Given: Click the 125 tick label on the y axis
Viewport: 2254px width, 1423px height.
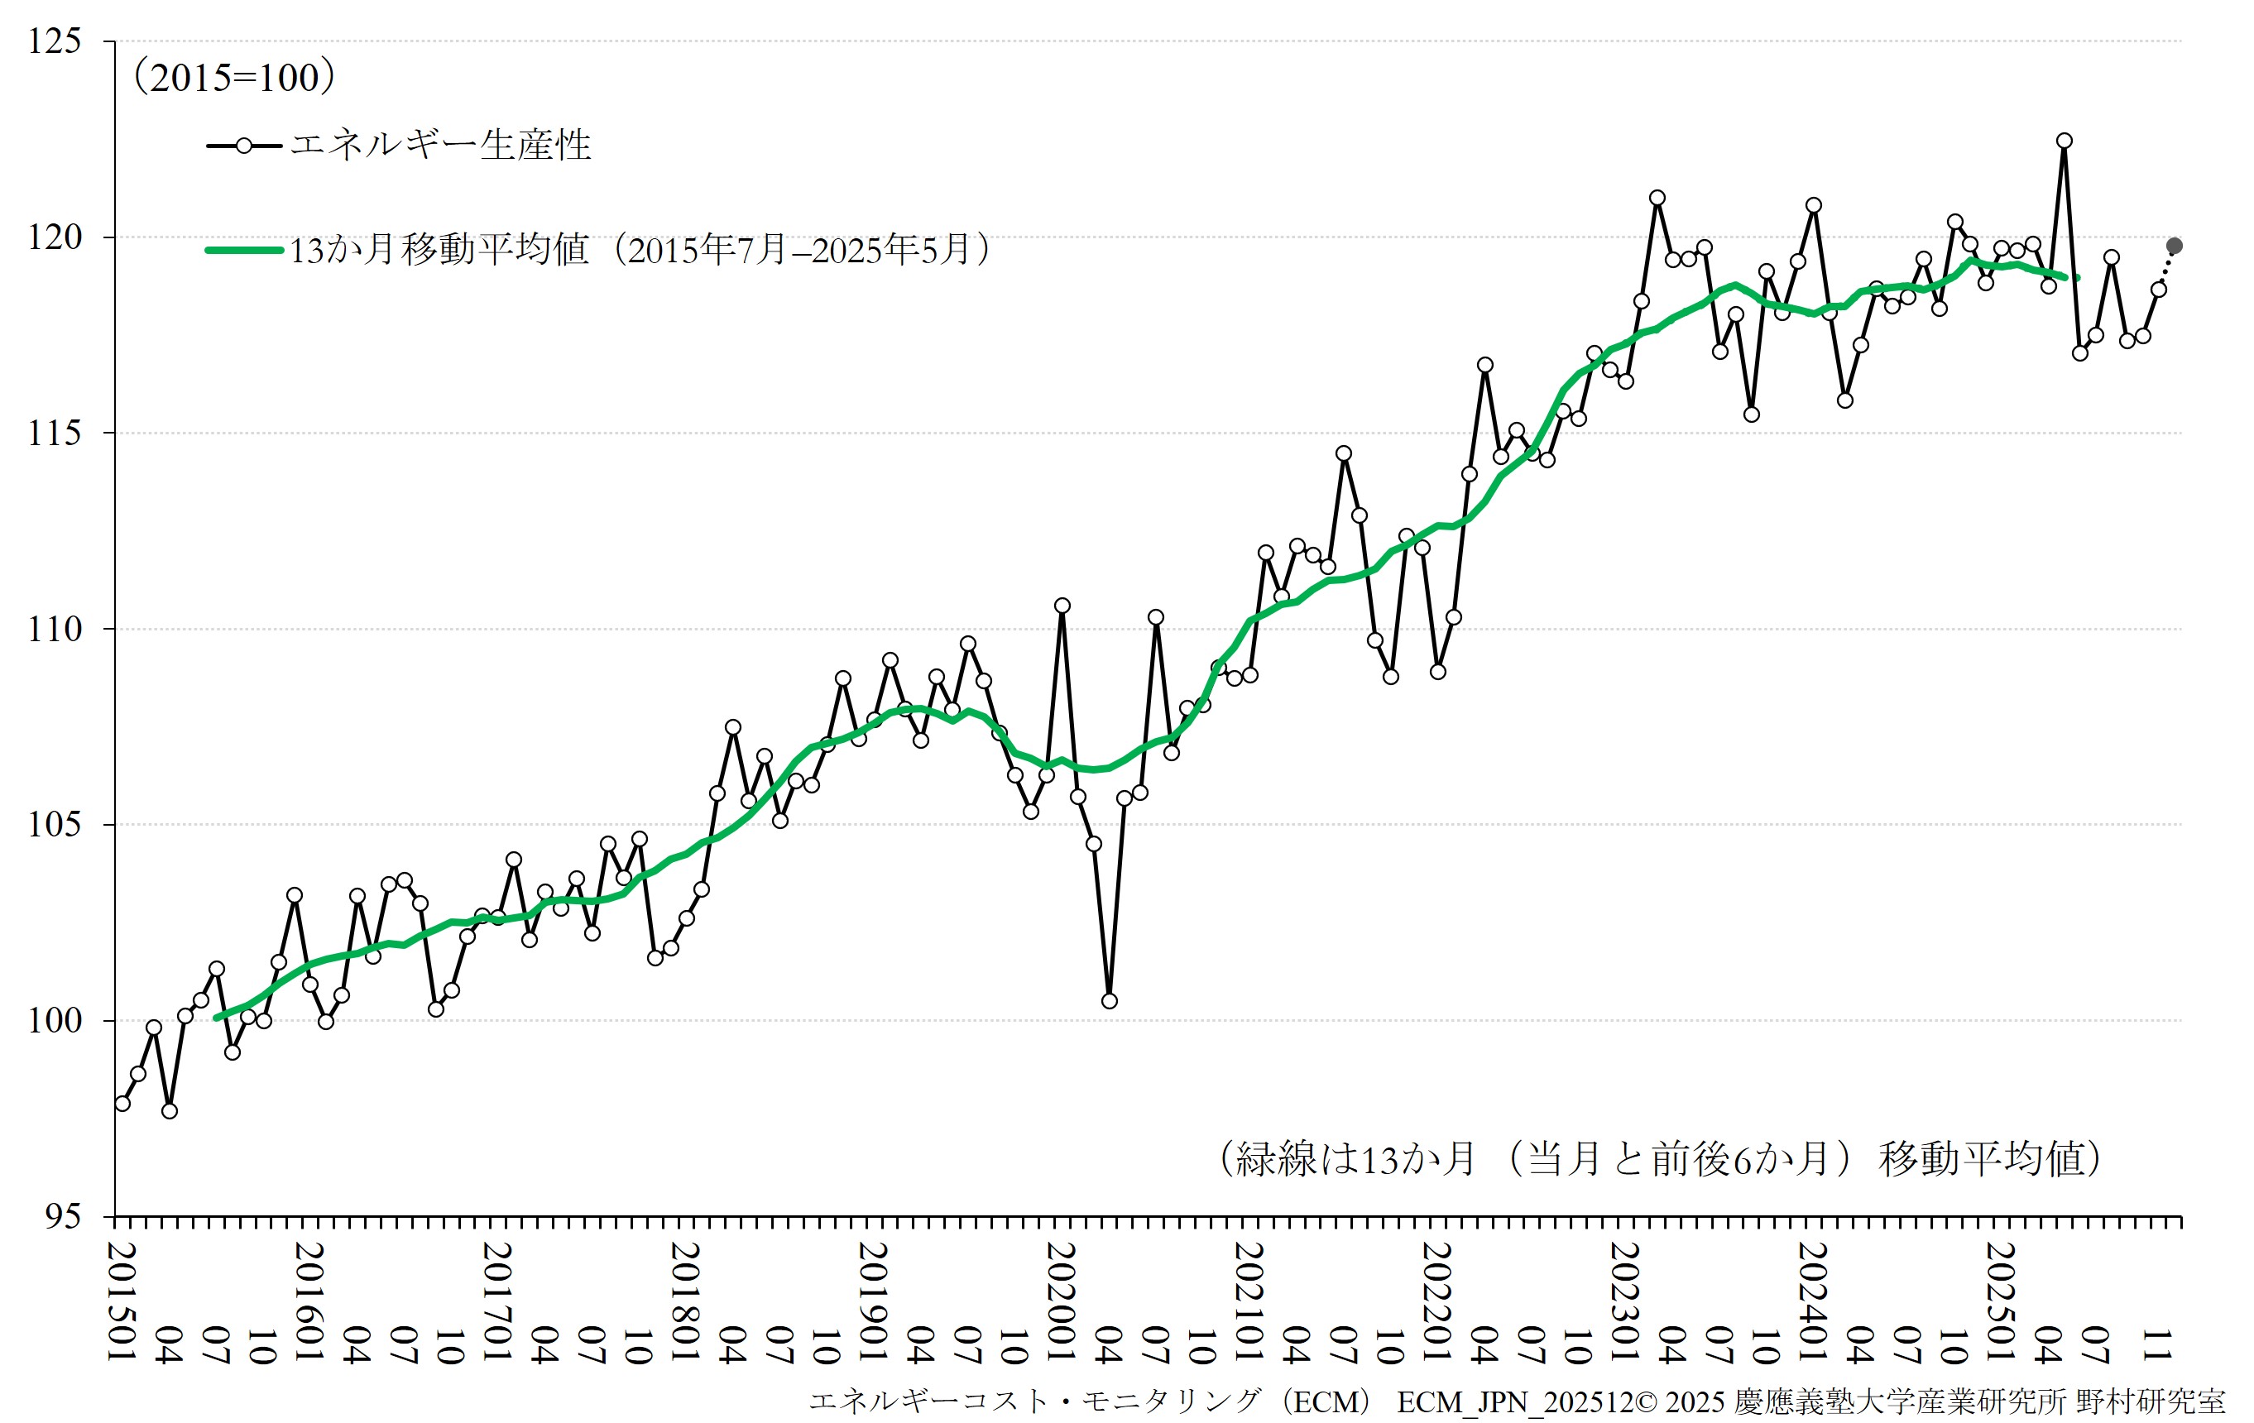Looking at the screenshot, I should pyautogui.click(x=55, y=42).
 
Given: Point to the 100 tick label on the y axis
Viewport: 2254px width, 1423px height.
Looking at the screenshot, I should pyautogui.click(x=55, y=1020).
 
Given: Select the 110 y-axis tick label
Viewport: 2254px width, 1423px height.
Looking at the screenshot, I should pyautogui.click(x=55, y=629).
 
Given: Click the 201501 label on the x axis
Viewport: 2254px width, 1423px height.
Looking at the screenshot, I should pyautogui.click(x=122, y=1302).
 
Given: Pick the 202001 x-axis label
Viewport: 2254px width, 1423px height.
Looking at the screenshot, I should pyautogui.click(x=1062, y=1302).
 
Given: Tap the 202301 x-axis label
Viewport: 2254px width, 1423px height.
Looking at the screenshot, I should pyautogui.click(x=1625, y=1302).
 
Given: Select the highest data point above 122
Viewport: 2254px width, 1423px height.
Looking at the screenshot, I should pyautogui.click(x=2064, y=141).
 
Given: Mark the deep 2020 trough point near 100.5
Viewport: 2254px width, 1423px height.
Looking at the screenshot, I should pyautogui.click(x=1110, y=1001).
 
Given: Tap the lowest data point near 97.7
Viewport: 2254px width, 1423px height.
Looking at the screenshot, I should pyautogui.click(x=170, y=1111).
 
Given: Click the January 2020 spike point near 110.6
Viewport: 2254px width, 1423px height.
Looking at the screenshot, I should pyautogui.click(x=1062, y=606).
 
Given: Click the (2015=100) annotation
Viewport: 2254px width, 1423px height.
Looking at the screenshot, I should pyautogui.click(x=235, y=78).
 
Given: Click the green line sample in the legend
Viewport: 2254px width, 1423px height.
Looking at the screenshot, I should pyautogui.click(x=243, y=250).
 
